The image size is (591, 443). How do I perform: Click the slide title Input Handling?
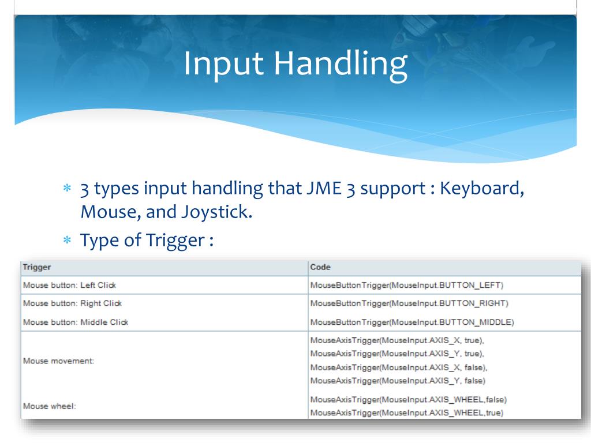[x=295, y=63]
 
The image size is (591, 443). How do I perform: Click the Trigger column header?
[x=36, y=267]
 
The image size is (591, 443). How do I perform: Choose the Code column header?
[x=320, y=267]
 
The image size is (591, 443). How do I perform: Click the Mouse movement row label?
[x=58, y=361]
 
